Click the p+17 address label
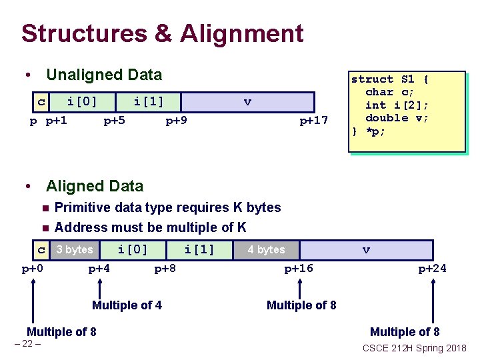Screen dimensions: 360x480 [313, 121]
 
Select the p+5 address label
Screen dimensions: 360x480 [115, 121]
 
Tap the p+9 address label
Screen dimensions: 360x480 [176, 121]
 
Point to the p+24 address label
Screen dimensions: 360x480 [432, 269]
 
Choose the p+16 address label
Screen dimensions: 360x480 [299, 269]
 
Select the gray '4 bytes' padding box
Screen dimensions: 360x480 [266, 250]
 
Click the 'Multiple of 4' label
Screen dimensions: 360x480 [127, 305]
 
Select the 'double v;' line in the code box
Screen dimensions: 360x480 [397, 118]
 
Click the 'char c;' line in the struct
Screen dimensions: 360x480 [389, 92]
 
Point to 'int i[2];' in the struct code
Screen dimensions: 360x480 [397, 105]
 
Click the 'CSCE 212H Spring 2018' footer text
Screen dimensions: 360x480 [414, 348]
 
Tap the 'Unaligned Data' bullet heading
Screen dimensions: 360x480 [104, 75]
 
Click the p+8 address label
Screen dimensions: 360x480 [165, 269]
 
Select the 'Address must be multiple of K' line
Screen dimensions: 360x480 [150, 227]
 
